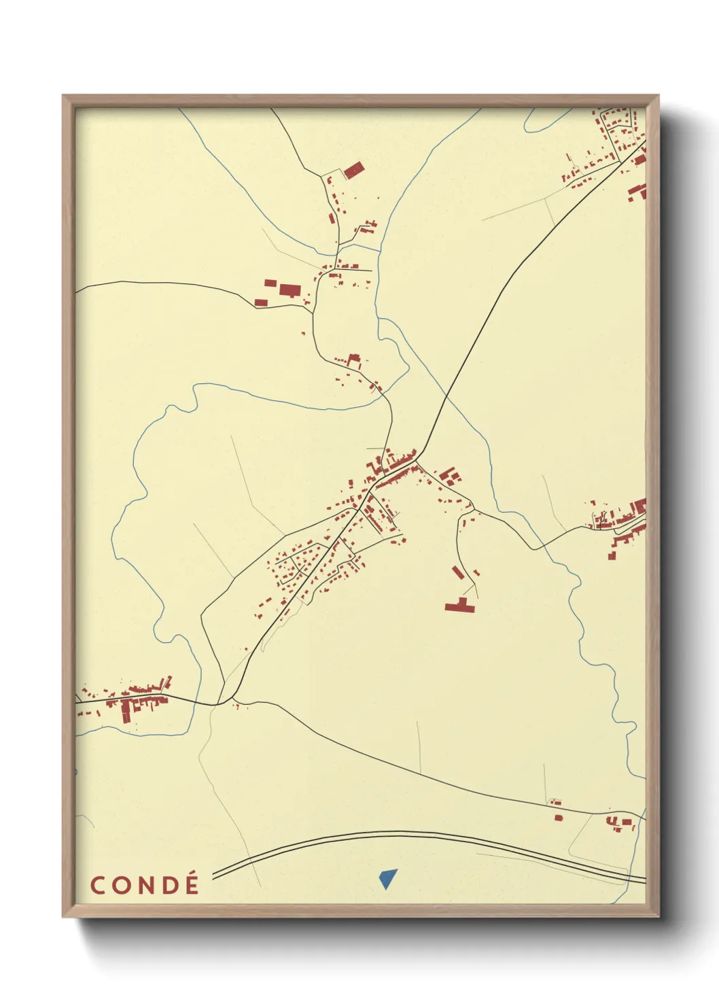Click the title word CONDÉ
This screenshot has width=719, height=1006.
(x=145, y=885)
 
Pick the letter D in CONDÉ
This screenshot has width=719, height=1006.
(x=169, y=886)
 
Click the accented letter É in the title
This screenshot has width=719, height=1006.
(x=192, y=885)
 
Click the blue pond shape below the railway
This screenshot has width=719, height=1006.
(x=387, y=878)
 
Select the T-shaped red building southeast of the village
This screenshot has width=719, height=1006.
(x=461, y=605)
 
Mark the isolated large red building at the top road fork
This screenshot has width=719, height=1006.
(x=353, y=170)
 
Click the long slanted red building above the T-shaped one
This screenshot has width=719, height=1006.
(x=457, y=572)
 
